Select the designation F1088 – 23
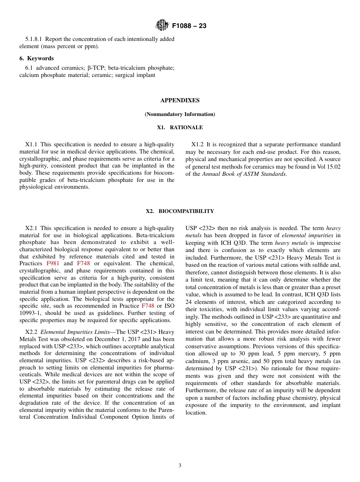(189, 26)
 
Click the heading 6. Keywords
(36, 58)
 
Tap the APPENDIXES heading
(180, 100)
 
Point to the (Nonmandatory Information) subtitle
(180, 114)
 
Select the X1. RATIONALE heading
(180, 128)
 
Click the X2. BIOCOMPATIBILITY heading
(180, 211)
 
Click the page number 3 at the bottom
(180, 466)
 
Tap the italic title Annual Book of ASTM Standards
(244, 174)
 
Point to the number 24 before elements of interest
(189, 302)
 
